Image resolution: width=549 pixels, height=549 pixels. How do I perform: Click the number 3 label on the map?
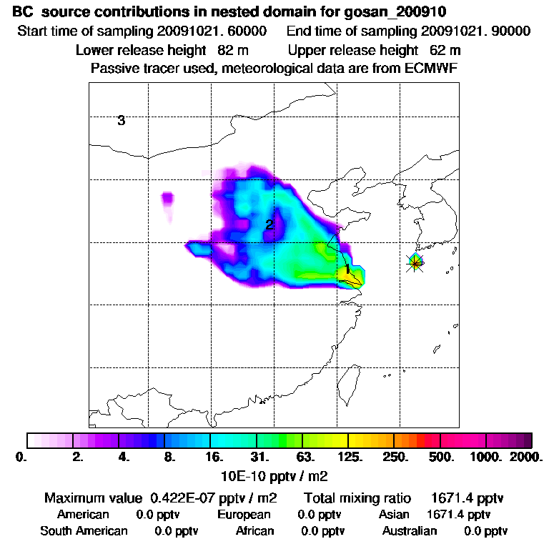coord(122,121)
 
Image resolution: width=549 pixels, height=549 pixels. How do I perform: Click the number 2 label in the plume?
coord(269,225)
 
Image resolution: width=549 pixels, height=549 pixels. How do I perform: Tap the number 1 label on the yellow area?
coord(347,269)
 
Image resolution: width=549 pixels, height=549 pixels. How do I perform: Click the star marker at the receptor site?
coord(415,263)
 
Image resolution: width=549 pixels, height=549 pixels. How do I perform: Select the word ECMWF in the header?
coord(431,69)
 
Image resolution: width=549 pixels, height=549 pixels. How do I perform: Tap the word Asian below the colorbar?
coord(395,515)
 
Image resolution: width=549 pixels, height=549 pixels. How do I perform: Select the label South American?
coord(84,531)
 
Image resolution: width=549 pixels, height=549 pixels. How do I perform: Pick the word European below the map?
coord(244,515)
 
